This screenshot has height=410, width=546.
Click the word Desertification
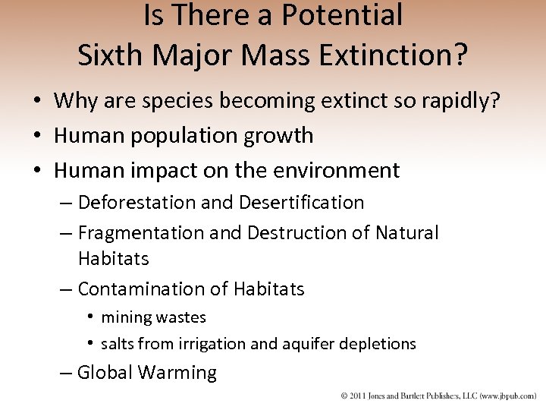coord(301,203)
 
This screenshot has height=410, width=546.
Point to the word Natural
coord(406,233)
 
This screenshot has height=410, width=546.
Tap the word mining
coord(125,317)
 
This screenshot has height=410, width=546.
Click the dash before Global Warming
coord(67,373)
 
